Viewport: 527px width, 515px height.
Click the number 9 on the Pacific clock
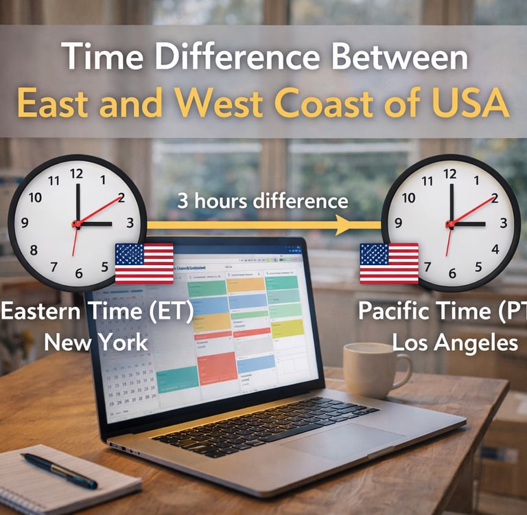[399, 223]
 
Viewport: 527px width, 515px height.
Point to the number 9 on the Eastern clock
[25, 222]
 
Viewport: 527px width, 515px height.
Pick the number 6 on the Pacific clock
[452, 273]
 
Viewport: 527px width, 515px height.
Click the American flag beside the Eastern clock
[144, 263]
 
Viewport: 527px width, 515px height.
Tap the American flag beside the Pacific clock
[389, 263]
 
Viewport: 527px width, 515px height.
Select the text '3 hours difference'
[263, 201]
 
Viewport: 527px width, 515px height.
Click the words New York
[97, 341]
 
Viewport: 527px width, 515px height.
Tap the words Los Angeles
[455, 342]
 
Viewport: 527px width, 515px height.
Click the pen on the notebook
[59, 470]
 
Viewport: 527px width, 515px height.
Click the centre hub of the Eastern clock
[77, 224]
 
